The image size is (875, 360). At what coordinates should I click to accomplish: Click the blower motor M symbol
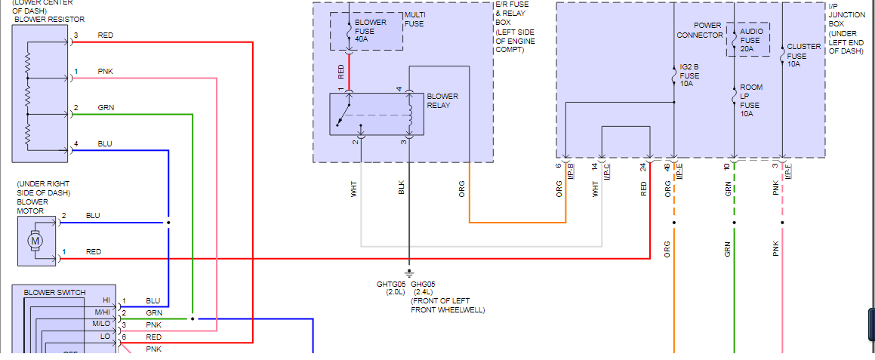[x=34, y=241]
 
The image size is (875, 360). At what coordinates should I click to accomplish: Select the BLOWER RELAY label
[x=442, y=101]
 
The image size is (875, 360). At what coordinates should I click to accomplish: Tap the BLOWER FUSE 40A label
[x=371, y=31]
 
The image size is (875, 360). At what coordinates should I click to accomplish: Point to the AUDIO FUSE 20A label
[x=751, y=40]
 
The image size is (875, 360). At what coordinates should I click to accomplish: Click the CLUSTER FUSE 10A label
[x=803, y=55]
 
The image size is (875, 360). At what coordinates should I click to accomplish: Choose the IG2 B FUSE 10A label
[x=689, y=75]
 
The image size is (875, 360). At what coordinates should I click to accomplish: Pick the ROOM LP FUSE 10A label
[x=751, y=100]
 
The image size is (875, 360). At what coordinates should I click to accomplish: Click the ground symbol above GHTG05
[x=409, y=272]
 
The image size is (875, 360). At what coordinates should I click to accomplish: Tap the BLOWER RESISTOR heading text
[x=49, y=20]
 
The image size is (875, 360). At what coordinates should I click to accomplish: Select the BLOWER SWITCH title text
[x=54, y=292]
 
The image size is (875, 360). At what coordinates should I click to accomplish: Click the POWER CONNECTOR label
[x=699, y=30]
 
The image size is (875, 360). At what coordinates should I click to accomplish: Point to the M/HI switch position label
[x=101, y=312]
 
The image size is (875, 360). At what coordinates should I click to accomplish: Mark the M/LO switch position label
[x=101, y=325]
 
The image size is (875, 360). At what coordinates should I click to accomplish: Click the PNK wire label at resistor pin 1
[x=106, y=72]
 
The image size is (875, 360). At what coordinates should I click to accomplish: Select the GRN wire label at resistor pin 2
[x=106, y=108]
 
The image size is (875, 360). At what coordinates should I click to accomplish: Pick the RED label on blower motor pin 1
[x=94, y=252]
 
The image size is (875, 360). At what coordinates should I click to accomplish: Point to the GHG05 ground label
[x=423, y=285]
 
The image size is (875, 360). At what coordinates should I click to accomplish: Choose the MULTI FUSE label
[x=414, y=20]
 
